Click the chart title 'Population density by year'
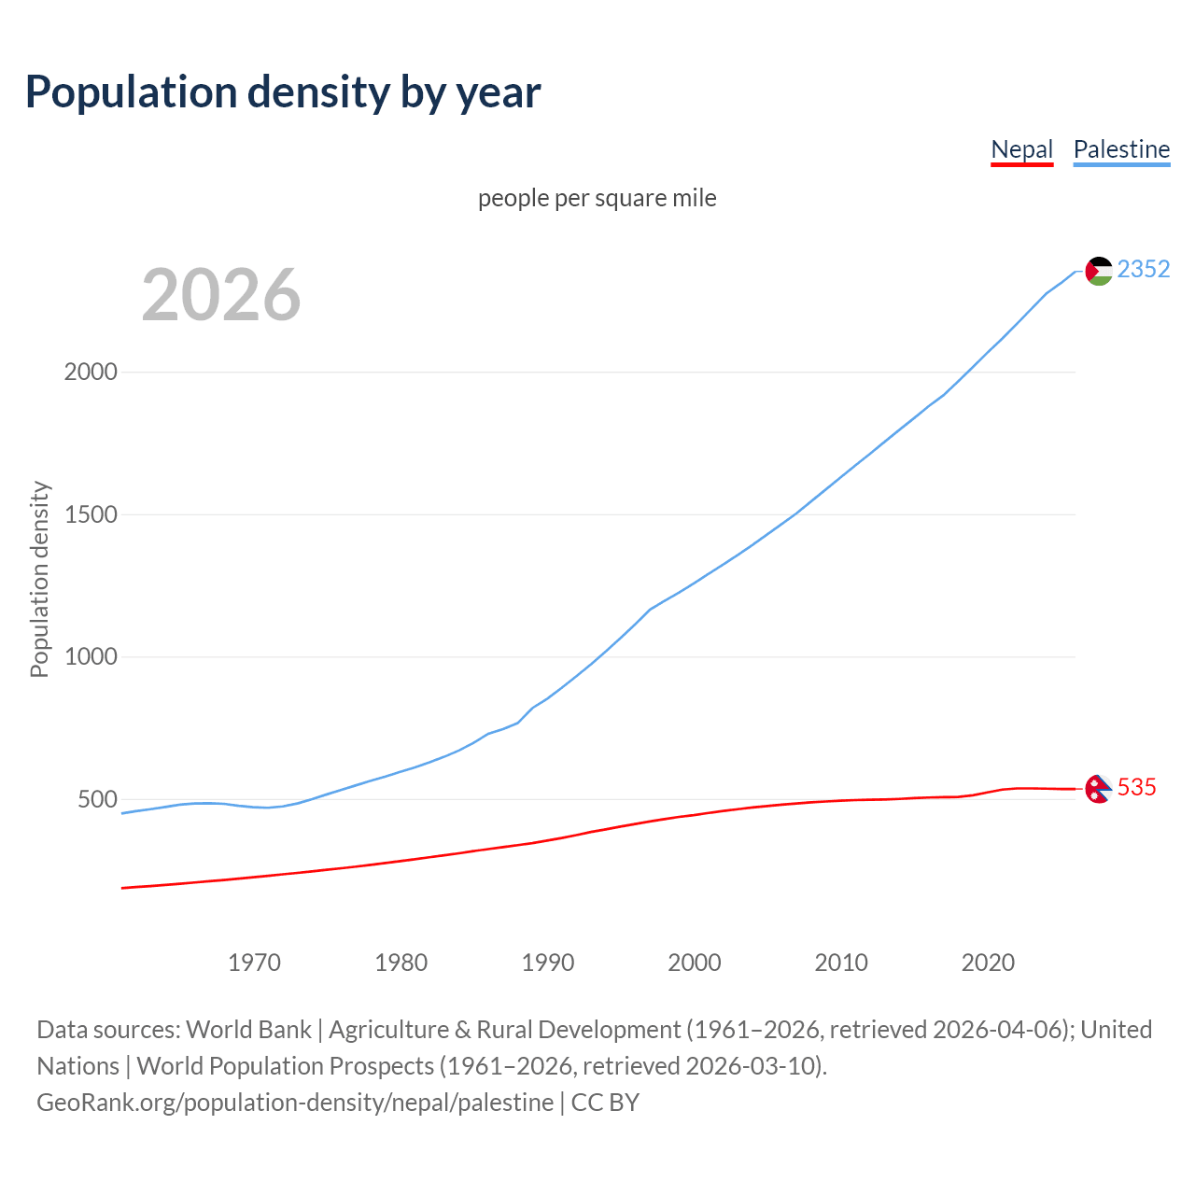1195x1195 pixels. coord(283,91)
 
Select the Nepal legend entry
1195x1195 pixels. coord(1021,149)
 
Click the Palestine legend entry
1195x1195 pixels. coord(1121,149)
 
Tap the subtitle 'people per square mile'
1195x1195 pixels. coord(597,198)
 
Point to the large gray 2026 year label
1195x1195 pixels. coord(221,295)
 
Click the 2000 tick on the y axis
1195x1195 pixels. coord(91,372)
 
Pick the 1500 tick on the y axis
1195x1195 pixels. coord(91,514)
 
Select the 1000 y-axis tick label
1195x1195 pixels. coord(91,656)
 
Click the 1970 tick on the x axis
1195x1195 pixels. coord(254,963)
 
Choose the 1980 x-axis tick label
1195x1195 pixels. coord(401,963)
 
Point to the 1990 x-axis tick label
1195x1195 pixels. coord(548,963)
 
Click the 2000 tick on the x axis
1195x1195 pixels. coord(695,963)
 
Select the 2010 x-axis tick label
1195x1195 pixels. coord(841,963)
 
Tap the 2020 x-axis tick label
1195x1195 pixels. coord(988,963)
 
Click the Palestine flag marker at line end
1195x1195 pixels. coord(1099,271)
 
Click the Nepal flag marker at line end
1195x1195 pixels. coord(1098,789)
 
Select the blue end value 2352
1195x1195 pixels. coord(1144,269)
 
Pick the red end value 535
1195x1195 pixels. coord(1136,787)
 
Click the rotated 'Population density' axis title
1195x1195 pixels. coord(39,579)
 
